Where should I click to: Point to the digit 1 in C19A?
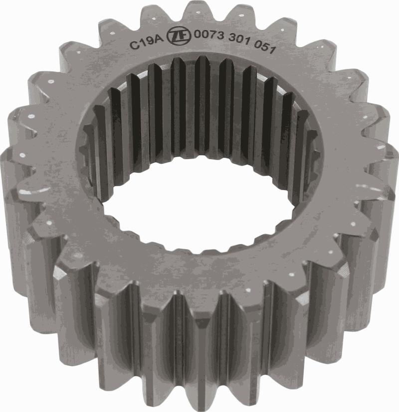[x=140, y=43]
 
